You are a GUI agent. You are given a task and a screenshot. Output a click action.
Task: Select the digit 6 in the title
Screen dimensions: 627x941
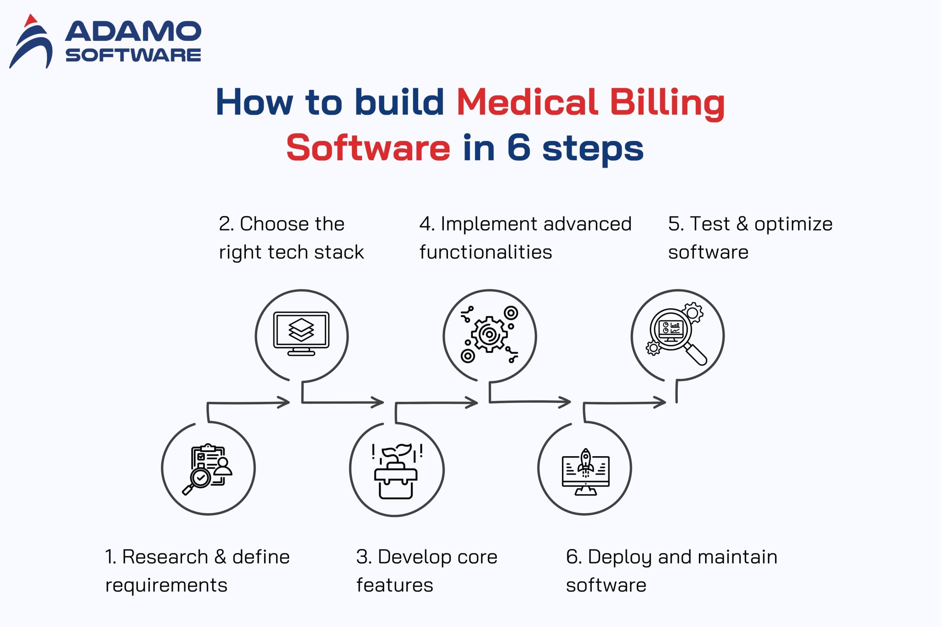click(518, 148)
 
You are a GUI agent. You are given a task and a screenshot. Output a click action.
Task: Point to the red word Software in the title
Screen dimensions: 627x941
click(368, 148)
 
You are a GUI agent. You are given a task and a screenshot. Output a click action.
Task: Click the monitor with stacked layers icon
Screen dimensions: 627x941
click(301, 333)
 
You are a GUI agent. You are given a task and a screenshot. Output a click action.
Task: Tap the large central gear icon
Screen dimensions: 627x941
click(489, 334)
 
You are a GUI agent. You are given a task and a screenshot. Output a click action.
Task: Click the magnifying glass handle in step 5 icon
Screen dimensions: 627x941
click(697, 355)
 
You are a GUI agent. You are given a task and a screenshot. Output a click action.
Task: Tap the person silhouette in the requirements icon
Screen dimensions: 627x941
click(223, 466)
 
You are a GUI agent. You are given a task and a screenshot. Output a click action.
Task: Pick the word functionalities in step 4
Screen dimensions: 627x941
click(486, 252)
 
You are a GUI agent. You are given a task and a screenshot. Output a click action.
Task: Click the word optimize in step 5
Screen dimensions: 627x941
click(793, 224)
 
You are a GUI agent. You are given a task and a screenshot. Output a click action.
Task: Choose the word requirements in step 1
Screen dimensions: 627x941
click(166, 585)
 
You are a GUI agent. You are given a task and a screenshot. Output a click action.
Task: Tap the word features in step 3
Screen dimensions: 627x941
click(395, 585)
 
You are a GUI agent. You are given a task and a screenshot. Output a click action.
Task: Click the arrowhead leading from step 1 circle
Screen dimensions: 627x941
click(285, 403)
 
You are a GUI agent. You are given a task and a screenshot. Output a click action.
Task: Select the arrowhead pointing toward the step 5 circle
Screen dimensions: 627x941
click(661, 403)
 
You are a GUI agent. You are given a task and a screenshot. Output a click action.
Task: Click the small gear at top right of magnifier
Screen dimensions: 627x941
click(693, 312)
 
